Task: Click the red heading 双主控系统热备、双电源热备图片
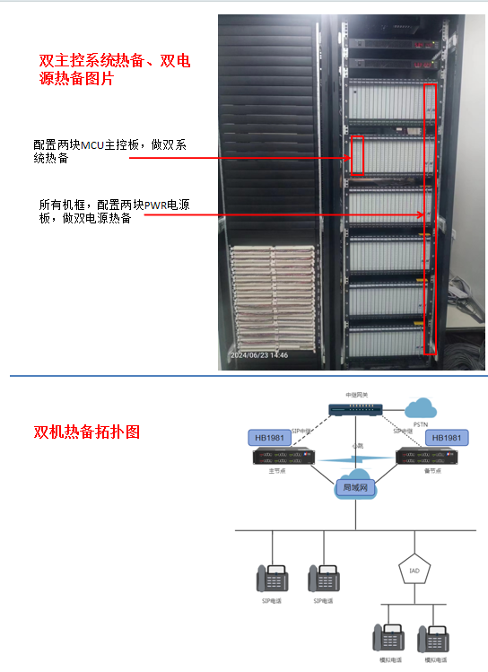click(115, 70)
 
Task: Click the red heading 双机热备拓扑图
click(86, 432)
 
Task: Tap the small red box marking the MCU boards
click(357, 154)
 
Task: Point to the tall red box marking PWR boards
click(431, 221)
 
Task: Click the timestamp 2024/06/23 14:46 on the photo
click(260, 356)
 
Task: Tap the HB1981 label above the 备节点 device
click(446, 438)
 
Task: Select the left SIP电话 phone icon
click(271, 579)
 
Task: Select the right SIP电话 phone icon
click(323, 579)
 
